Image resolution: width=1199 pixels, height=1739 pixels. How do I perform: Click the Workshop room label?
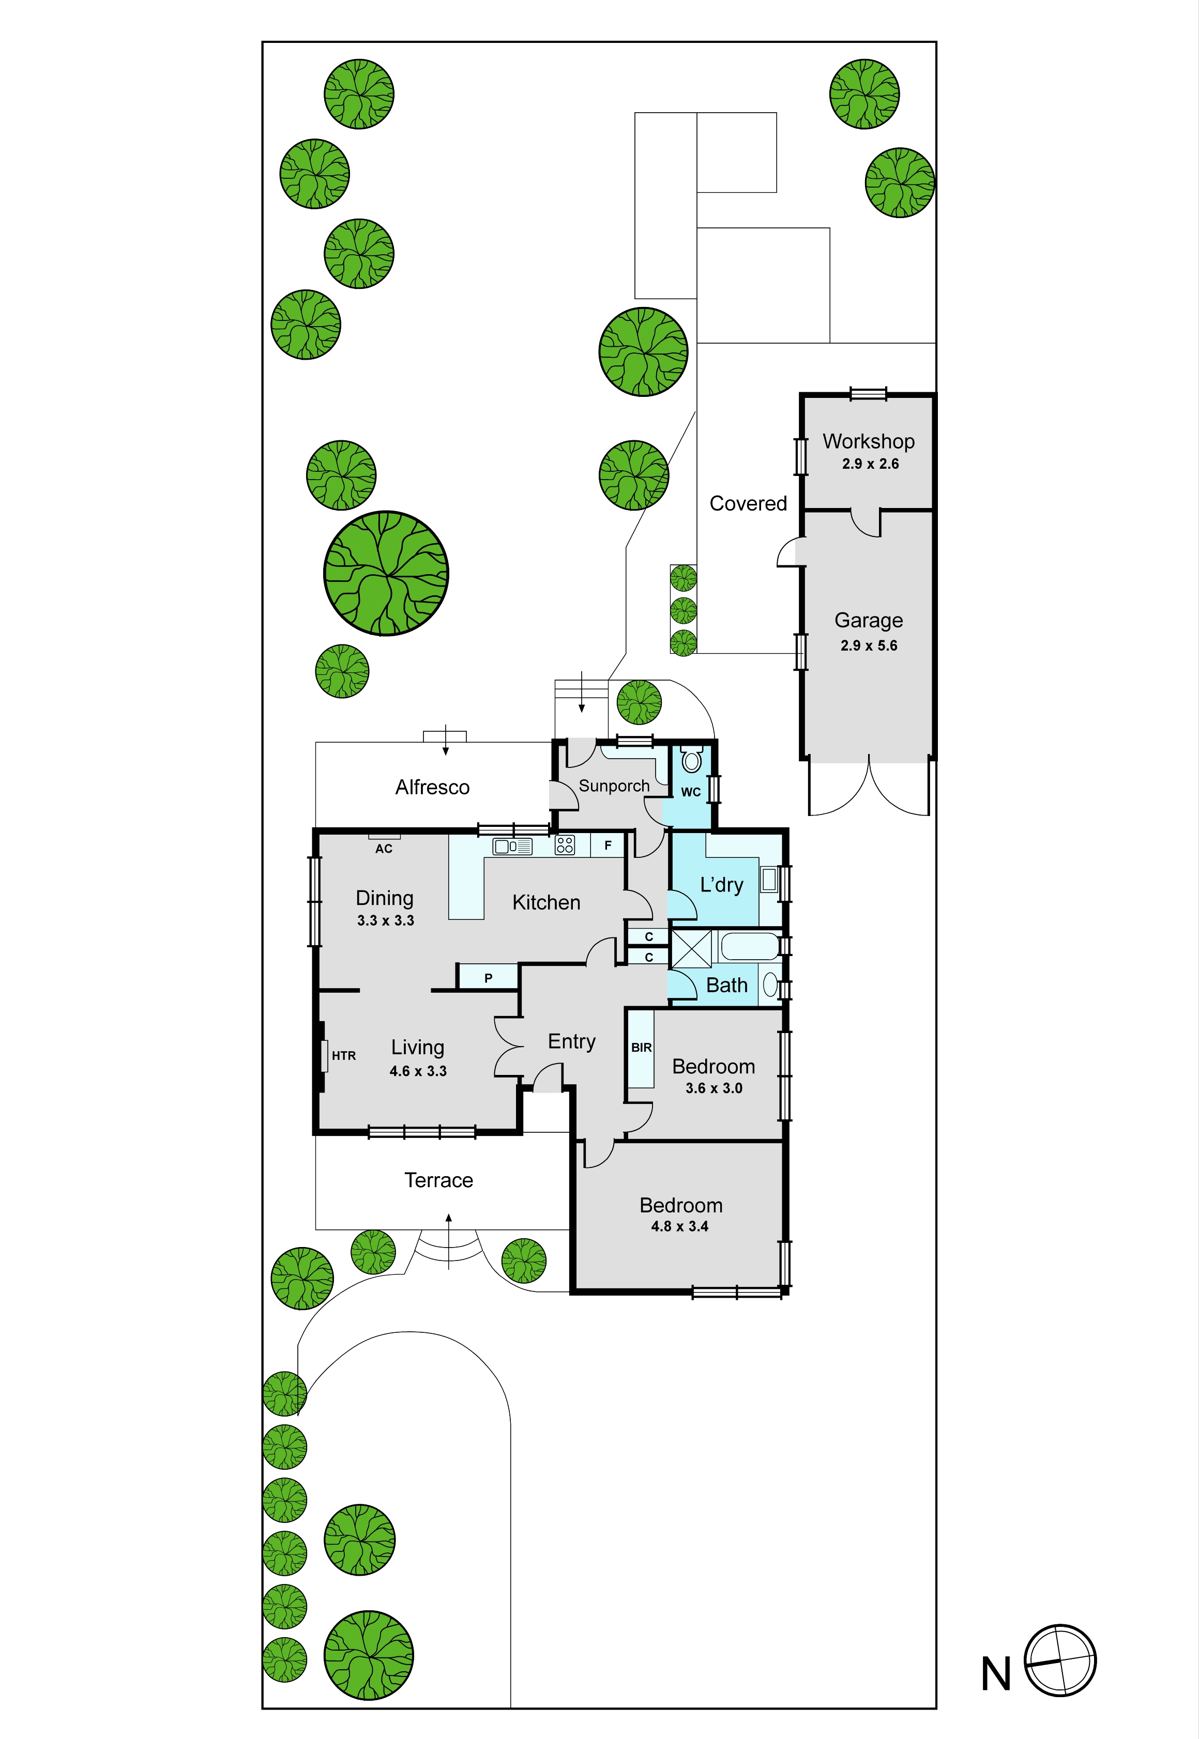869,441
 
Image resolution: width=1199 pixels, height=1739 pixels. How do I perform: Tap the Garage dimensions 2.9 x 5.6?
869,646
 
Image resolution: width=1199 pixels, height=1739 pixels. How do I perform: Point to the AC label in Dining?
384,849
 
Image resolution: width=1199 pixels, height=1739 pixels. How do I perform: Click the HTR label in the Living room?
343,1056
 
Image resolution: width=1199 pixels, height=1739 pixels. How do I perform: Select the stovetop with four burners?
565,845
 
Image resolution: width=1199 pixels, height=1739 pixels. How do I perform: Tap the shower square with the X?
691,949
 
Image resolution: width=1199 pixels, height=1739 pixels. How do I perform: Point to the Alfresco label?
433,787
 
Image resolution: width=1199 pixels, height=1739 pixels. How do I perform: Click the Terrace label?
439,1180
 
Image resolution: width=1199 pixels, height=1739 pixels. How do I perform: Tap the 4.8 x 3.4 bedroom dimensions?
680,1226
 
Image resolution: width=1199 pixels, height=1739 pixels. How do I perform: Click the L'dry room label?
722,885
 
